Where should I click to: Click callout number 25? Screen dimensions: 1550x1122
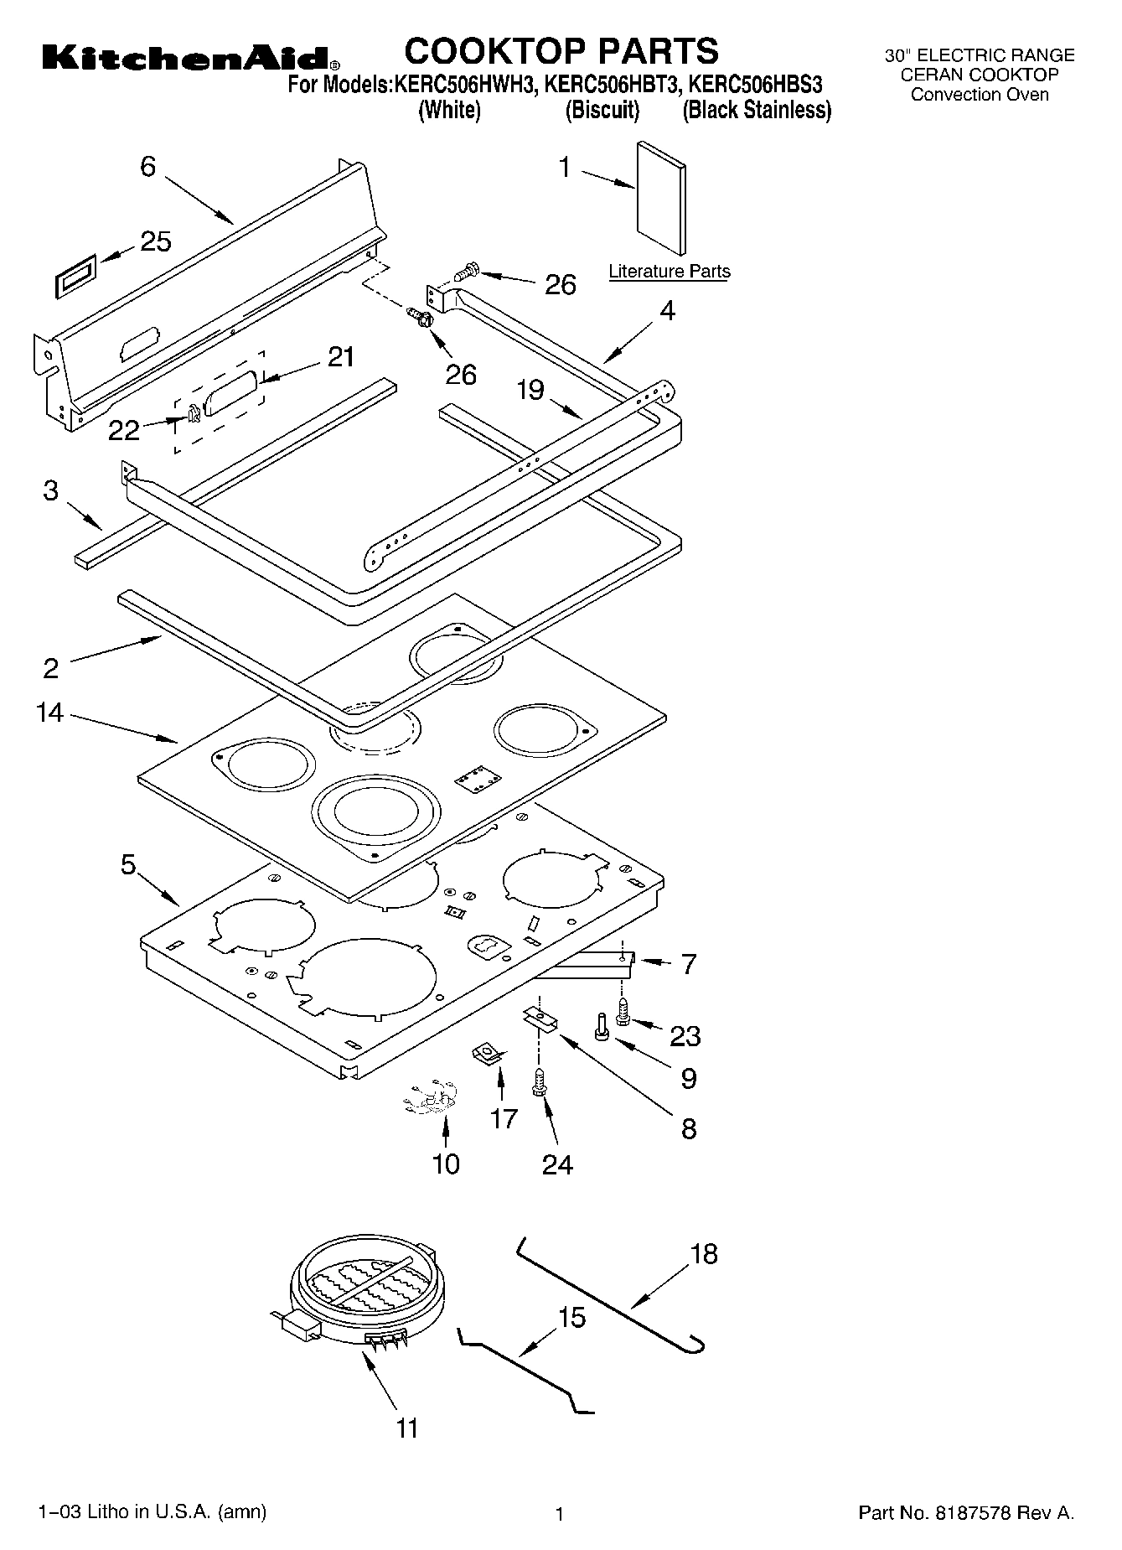coord(156,241)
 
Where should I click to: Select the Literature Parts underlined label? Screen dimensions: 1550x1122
coord(669,272)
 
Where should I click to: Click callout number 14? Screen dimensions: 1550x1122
coord(50,713)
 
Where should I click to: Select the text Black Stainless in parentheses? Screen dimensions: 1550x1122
coord(757,111)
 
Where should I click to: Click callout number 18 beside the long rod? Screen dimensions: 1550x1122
coord(704,1254)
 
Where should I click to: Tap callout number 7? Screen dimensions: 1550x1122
coord(688,964)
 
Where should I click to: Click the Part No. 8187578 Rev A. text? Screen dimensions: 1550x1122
coord(966,1513)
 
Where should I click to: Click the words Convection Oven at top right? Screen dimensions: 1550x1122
coord(980,95)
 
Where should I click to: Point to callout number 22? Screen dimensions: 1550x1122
coord(124,430)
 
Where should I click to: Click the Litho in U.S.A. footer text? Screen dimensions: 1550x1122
coord(153,1511)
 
